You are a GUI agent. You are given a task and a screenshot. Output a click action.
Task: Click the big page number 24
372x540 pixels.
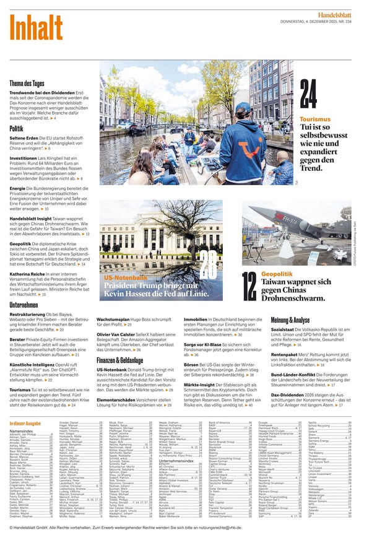click(x=308, y=95)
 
